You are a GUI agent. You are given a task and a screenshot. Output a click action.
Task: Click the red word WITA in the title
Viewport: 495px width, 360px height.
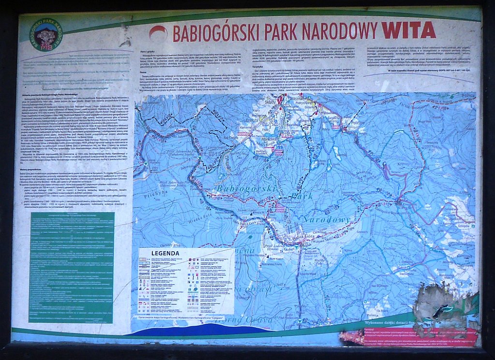pos(408,30)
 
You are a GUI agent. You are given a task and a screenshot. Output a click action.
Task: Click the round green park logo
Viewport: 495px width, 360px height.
pos(45,35)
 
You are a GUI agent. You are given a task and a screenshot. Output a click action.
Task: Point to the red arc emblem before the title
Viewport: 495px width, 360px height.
pos(158,32)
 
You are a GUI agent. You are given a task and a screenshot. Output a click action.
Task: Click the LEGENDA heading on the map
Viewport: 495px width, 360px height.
pos(165,253)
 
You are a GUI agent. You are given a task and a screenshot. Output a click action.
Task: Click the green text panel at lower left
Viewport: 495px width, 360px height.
pos(72,267)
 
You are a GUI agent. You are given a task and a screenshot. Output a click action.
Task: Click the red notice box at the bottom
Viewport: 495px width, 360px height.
pos(416,335)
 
